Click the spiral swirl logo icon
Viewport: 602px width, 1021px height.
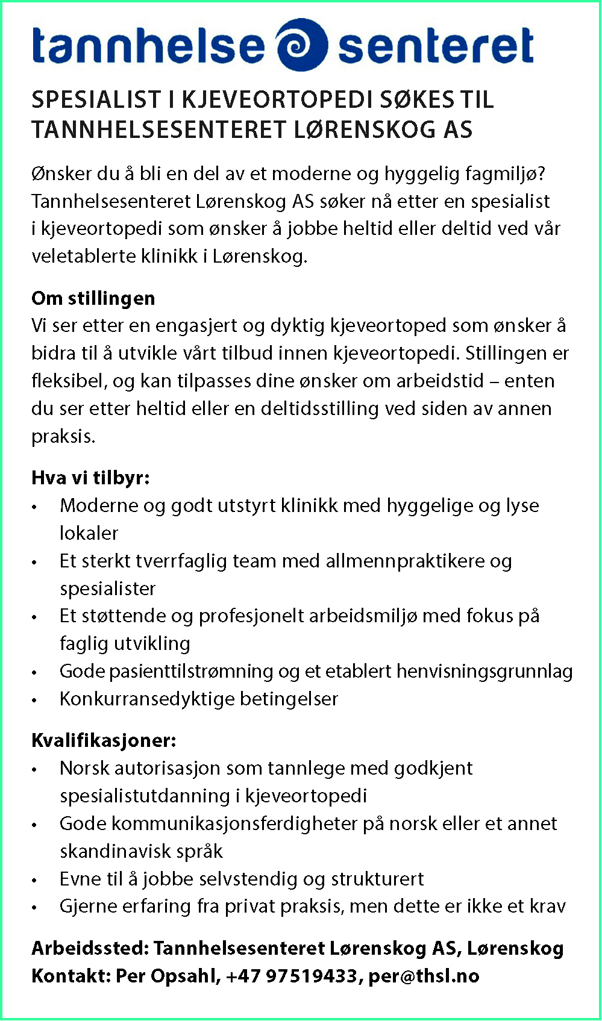pos(301,45)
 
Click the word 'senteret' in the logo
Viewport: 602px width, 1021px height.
pos(436,46)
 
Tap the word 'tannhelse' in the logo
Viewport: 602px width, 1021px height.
pos(148,46)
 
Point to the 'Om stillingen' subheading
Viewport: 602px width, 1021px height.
pos(93,298)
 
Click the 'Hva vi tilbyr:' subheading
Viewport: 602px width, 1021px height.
pos(90,478)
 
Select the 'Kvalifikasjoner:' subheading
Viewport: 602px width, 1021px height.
pos(104,740)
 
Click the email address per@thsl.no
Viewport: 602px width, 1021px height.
pos(424,976)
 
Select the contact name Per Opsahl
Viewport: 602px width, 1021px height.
pos(168,976)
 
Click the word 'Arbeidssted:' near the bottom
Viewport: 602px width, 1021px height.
pos(90,948)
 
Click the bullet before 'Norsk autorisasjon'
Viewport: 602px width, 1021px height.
pos(35,769)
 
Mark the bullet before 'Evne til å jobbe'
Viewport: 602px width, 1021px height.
pos(35,880)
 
